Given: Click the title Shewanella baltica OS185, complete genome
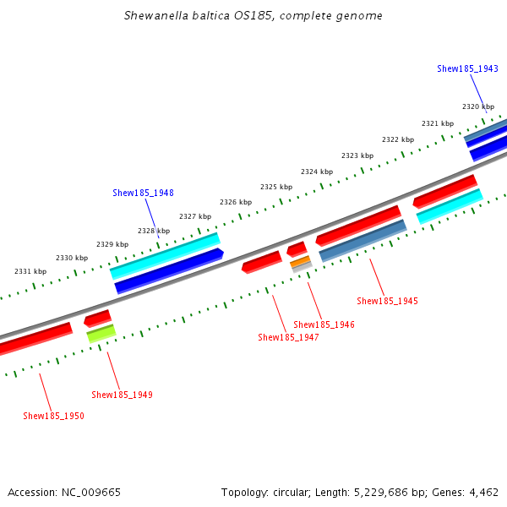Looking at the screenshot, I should click(x=253, y=15).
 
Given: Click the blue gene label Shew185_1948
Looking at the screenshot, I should click(x=143, y=193).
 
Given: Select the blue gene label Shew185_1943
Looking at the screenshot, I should click(x=467, y=68).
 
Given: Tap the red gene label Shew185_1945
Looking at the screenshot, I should click(x=387, y=301).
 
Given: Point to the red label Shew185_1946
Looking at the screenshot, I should click(x=324, y=324).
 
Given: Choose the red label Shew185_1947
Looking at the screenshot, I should click(x=288, y=337).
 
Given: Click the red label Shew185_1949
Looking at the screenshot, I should click(x=122, y=395).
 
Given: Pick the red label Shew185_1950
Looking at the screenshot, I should click(x=53, y=416).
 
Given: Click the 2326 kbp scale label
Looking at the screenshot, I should click(x=236, y=202).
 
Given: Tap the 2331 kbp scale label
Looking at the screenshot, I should click(x=30, y=271).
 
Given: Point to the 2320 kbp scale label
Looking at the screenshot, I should click(x=478, y=106).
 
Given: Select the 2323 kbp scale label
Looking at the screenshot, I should click(x=357, y=155).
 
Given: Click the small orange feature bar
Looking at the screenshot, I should click(x=300, y=262).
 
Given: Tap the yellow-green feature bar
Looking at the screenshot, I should click(x=101, y=334).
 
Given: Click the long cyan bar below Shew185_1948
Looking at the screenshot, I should click(x=164, y=256).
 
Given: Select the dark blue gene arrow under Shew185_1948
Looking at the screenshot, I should click(x=169, y=270).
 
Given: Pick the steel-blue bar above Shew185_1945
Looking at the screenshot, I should click(x=363, y=241).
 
